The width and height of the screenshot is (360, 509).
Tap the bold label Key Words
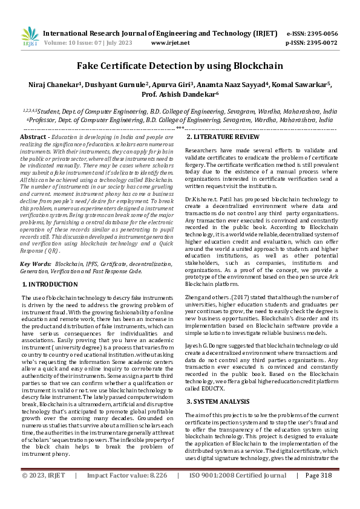[x=35, y=264]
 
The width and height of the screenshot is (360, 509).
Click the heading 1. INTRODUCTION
[x=49, y=284]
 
